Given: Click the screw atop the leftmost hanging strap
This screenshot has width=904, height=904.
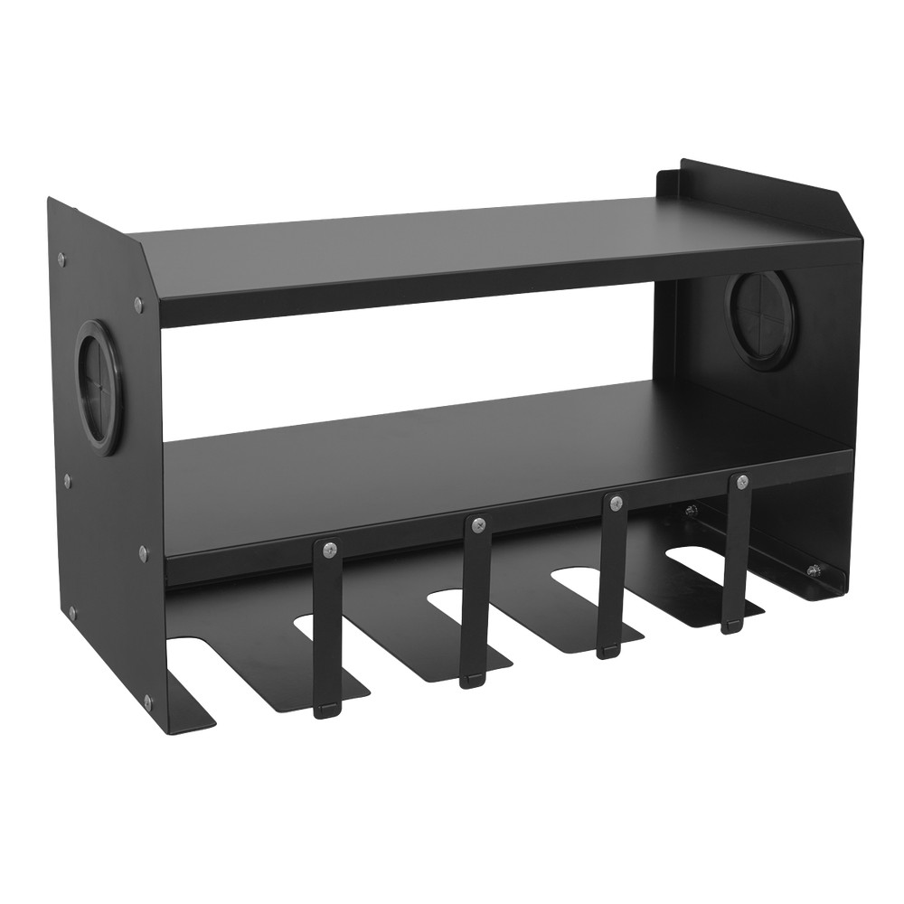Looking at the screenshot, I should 328,548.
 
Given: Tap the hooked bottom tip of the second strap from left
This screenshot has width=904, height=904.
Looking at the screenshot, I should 470,680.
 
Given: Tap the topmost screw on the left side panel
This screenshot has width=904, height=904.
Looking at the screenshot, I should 61,259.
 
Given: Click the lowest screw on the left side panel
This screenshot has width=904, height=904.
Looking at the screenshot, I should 146,700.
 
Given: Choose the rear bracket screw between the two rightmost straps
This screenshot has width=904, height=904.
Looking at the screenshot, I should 691,512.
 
